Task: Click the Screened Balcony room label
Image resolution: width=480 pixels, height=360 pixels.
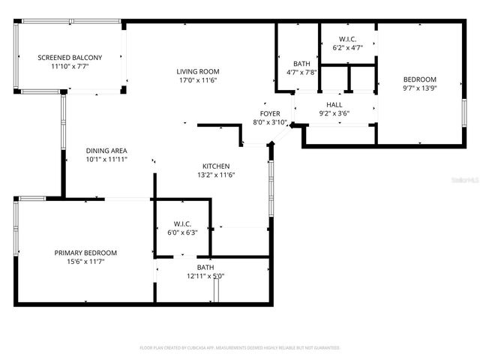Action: coord(70,57)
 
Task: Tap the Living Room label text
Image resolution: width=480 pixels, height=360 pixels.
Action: coord(198,71)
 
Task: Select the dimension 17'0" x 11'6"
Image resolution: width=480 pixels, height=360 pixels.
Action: coord(198,80)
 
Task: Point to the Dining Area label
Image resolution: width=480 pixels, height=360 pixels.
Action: coord(106,150)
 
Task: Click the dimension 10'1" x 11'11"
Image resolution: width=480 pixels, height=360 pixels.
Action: coord(106,159)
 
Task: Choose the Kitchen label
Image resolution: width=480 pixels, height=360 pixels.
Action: coord(216,166)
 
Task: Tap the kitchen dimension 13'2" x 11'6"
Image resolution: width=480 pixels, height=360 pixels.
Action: coord(216,175)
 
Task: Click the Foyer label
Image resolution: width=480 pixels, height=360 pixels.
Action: coord(270,112)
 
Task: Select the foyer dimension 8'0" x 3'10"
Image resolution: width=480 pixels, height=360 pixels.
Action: coord(270,121)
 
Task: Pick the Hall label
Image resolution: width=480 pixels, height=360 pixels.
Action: coord(334,104)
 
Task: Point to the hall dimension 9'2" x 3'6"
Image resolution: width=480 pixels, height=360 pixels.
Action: coord(334,113)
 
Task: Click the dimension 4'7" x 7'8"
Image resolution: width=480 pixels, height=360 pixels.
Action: coord(302,73)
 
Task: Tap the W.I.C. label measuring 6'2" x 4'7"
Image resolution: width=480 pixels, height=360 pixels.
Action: coord(347,39)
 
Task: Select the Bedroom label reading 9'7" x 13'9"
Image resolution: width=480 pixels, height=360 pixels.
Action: coord(419,79)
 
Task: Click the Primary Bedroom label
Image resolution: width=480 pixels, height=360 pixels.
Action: coord(85,253)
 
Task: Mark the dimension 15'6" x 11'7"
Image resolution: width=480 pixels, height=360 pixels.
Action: coord(85,262)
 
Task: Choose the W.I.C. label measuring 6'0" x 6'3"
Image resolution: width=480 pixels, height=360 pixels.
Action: coord(182,223)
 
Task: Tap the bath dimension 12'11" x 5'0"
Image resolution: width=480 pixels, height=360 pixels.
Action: coord(205,276)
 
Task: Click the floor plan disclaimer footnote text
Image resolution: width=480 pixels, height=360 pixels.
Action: coord(240,348)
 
